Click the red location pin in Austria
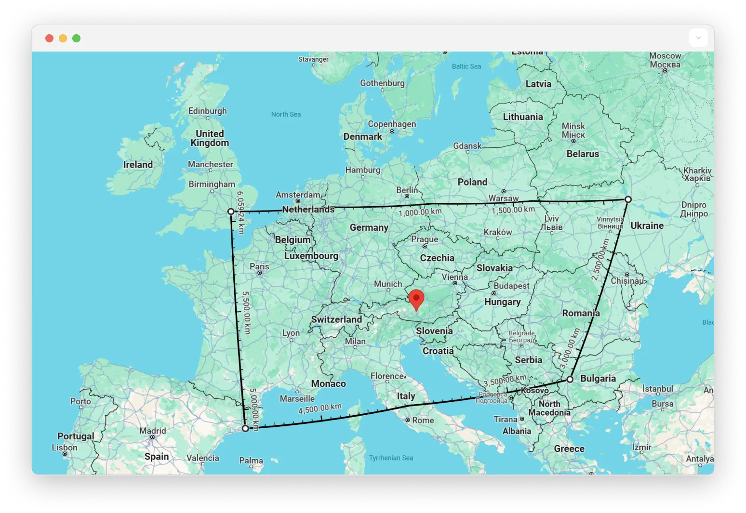coord(416,299)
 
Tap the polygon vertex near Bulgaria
coord(570,380)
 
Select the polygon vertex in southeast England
coord(231,211)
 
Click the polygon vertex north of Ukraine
coord(628,199)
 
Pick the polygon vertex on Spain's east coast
coord(245,428)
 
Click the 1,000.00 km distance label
coord(420,212)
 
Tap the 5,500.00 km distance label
coord(247,312)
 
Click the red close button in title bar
coord(49,39)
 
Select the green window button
coord(76,39)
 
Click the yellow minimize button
coord(63,39)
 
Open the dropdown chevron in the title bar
coord(698,38)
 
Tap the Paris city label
coord(259,266)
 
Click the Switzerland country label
coord(336,319)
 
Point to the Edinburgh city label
coord(207,111)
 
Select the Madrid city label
coord(152,431)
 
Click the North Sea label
coord(286,114)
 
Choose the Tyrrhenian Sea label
coord(391,458)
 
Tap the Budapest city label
coord(511,286)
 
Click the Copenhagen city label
coord(392,124)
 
